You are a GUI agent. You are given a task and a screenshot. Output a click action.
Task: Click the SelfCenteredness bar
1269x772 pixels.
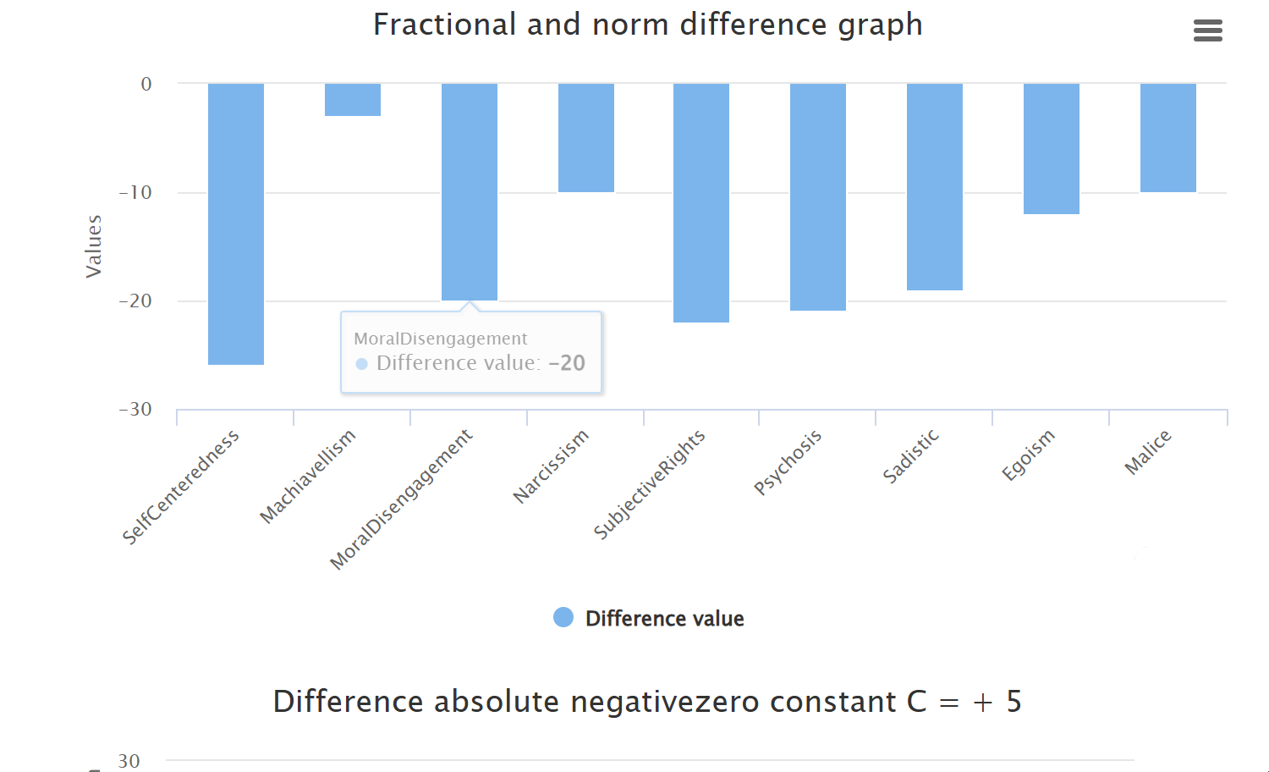(x=236, y=223)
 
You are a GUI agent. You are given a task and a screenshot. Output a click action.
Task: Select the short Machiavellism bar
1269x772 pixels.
(x=353, y=100)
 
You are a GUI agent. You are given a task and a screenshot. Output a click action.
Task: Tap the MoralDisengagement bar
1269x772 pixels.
(x=470, y=191)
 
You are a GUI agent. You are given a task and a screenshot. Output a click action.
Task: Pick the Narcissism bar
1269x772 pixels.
(x=586, y=138)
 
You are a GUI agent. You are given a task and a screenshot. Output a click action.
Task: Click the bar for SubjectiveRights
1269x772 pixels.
(x=701, y=202)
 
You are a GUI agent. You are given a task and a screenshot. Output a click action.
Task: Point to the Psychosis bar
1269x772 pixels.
(x=818, y=196)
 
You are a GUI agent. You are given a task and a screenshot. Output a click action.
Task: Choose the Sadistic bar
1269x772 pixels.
(x=935, y=186)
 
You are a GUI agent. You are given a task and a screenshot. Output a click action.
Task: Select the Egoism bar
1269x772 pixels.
(x=1052, y=149)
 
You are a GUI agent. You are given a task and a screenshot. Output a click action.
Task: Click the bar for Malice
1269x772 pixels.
(x=1168, y=138)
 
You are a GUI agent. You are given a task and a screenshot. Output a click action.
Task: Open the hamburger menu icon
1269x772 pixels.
(x=1207, y=31)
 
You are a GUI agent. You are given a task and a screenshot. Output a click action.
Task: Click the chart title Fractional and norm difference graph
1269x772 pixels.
(x=647, y=25)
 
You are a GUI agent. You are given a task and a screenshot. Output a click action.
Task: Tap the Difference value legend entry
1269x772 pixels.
(x=649, y=619)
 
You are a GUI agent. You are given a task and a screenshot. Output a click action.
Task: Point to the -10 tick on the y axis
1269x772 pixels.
(x=135, y=193)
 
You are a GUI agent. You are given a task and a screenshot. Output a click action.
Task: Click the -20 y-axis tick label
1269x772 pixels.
(x=135, y=301)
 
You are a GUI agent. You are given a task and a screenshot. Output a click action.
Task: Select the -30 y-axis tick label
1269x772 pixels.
(x=135, y=410)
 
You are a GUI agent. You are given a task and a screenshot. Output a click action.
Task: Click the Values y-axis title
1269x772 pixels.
(x=93, y=246)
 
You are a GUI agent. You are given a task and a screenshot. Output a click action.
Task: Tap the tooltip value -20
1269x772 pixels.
(x=567, y=363)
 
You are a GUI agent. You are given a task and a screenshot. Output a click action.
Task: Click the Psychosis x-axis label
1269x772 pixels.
(x=788, y=462)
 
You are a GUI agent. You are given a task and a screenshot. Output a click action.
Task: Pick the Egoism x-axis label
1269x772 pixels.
(x=1028, y=455)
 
